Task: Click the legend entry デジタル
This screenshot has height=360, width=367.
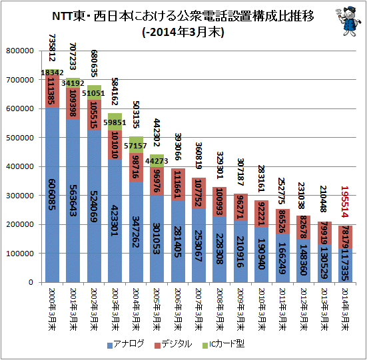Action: [x=176, y=344]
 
